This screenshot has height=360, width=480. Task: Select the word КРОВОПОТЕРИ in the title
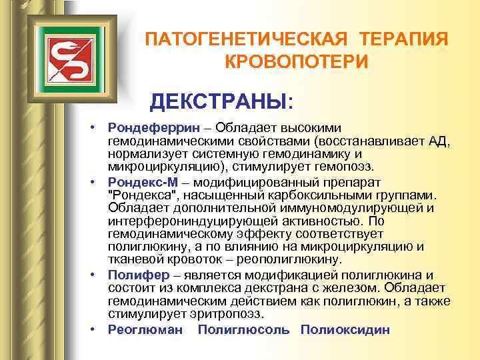pos(296,62)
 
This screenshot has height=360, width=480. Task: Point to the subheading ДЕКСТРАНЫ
pos(220,102)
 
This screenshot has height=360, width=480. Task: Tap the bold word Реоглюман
pos(145,330)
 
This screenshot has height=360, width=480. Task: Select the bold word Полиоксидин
pos(345,330)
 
